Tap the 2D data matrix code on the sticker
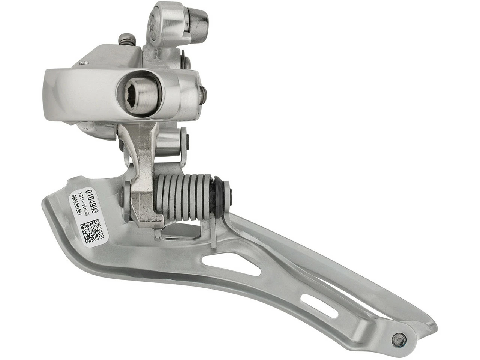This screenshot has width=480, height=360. [x=92, y=229]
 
